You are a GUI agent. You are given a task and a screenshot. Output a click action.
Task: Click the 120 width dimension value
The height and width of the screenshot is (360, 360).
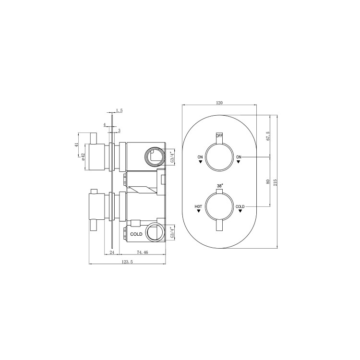[220, 103]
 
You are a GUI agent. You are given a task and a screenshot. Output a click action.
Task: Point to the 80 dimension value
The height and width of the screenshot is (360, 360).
[268, 181]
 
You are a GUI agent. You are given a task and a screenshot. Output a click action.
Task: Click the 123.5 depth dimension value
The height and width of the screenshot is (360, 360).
[127, 262]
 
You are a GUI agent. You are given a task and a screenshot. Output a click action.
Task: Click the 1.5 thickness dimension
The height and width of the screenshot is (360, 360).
[120, 110]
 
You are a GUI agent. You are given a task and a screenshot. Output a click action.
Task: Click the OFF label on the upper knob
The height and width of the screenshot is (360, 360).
[219, 136]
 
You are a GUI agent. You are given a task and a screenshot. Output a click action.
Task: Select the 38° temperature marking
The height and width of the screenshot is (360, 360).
[220, 186]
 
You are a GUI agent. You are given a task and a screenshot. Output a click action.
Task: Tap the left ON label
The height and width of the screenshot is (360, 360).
[200, 157]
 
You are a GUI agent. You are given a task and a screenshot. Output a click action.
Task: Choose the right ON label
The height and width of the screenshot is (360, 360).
[239, 157]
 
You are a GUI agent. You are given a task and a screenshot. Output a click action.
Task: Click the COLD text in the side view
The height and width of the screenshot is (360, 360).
[136, 234]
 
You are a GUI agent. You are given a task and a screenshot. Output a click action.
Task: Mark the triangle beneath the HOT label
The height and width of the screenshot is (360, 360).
[199, 211]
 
